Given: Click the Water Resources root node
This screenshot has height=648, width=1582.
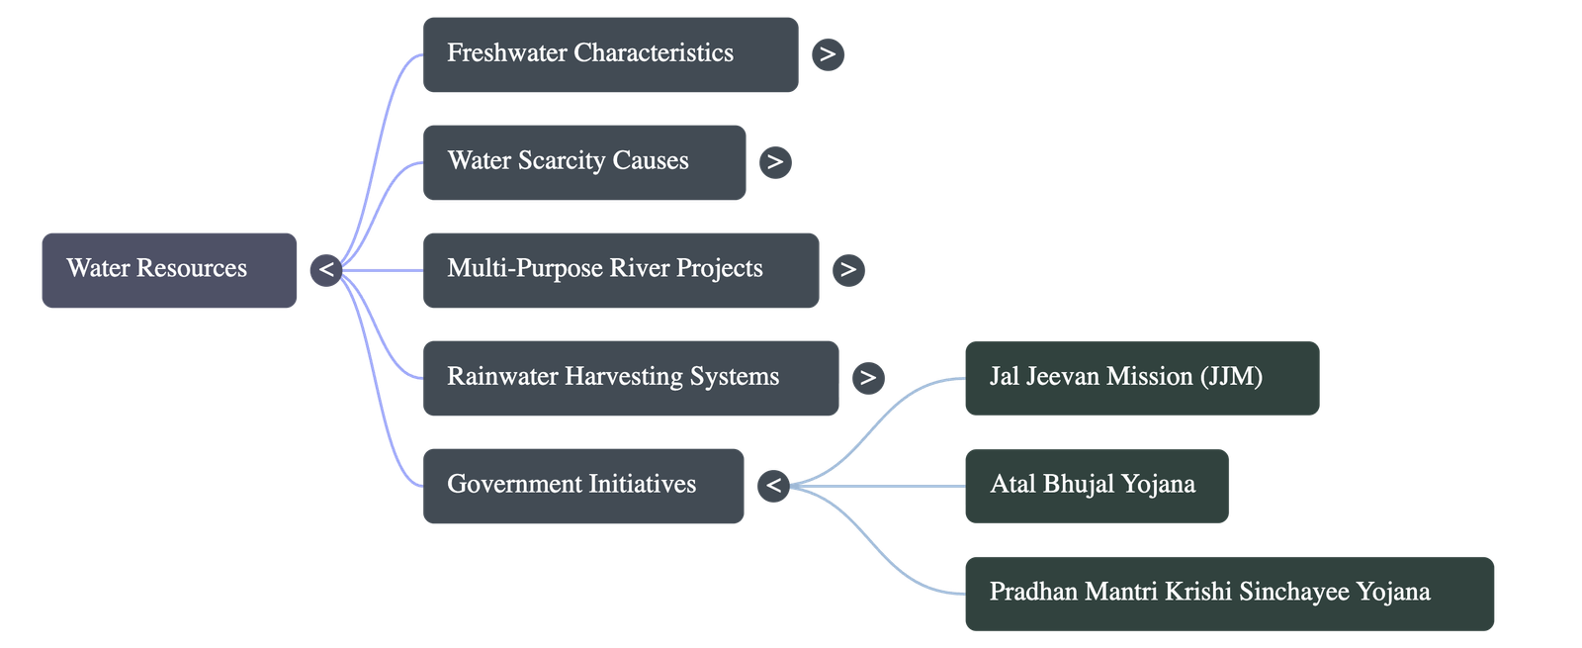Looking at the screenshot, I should tap(168, 269).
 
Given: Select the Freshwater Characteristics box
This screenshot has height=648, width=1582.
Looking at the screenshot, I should tap(610, 54).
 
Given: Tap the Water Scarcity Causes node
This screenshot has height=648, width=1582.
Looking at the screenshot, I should tap(583, 162).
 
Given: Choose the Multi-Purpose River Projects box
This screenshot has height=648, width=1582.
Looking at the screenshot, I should tap(620, 269).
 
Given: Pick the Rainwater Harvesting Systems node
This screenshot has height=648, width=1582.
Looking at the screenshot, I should tap(630, 377).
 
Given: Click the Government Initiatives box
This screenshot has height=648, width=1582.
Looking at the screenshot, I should tap(582, 485).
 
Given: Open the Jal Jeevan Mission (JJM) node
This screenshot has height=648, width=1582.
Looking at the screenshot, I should tap(1141, 377).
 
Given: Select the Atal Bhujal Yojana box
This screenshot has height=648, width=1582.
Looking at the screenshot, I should tap(1096, 485).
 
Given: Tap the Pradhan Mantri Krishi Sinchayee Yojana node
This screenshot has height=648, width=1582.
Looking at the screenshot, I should tap(1228, 593).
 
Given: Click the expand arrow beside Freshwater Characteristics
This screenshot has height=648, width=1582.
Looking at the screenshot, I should tap(828, 54).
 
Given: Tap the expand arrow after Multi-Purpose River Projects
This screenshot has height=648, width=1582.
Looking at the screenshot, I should tap(848, 269).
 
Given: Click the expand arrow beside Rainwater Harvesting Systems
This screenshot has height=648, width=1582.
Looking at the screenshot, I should tap(868, 377).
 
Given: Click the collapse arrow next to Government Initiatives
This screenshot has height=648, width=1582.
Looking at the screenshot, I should tap(773, 485).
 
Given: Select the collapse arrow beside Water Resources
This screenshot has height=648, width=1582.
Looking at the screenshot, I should tap(325, 269).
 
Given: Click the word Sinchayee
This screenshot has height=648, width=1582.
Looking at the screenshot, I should tap(1293, 593).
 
